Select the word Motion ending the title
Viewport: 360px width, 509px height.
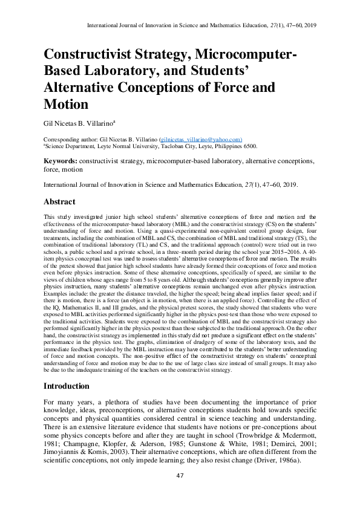coord(66,103)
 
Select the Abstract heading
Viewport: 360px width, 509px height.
coord(59,202)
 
